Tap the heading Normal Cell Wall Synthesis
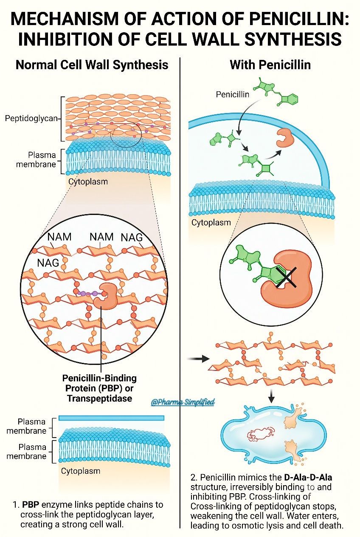coord(92,65)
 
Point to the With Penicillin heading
coord(270,65)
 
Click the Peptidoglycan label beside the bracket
coord(31,118)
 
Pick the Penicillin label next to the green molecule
coord(232,94)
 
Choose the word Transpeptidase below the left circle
coord(100,398)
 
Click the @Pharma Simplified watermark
coord(183,402)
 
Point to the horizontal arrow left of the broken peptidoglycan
coord(198,359)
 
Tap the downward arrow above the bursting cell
coord(271,396)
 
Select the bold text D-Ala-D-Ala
coord(308,477)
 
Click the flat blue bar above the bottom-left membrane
coord(111,418)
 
